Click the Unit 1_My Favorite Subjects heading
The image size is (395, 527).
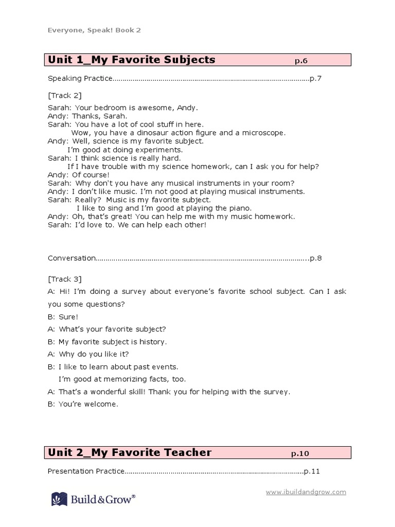(132, 60)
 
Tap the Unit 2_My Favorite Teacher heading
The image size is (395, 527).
(130, 453)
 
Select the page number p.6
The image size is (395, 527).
(301, 61)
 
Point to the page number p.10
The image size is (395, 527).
(300, 453)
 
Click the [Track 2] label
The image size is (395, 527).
(64, 95)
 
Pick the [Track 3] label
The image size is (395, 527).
(64, 279)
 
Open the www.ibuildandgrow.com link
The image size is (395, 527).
(306, 492)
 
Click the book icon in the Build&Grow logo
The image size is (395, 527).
(59, 499)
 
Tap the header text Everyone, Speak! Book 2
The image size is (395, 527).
(94, 30)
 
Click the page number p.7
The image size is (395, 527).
(315, 79)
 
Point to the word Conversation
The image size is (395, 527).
(71, 258)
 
